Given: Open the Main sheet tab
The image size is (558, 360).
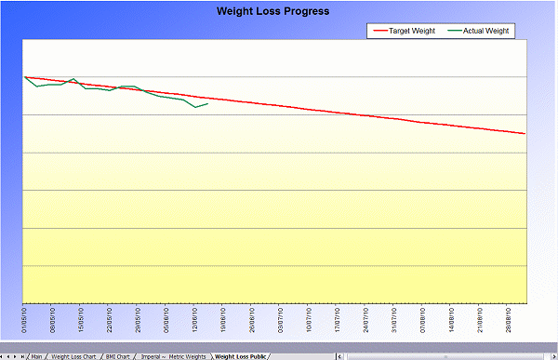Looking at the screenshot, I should coord(36,355).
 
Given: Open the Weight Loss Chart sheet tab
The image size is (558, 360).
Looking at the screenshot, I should coord(74,355).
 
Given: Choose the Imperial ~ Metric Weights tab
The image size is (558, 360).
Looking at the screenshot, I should coord(174,355).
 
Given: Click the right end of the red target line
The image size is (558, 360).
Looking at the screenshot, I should coord(525,134).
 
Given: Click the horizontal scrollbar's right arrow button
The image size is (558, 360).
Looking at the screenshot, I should coord(552,355).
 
